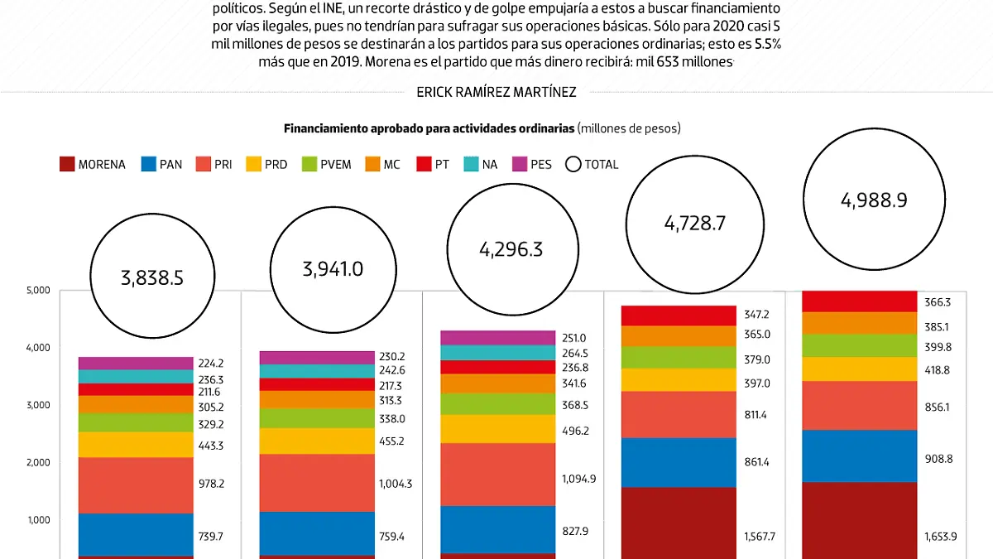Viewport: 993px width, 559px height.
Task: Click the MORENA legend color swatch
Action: point(68,164)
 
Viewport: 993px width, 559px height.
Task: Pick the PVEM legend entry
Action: point(329,164)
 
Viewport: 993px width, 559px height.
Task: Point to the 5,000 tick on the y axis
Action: point(39,291)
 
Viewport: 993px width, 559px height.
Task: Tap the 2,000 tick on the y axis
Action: point(39,463)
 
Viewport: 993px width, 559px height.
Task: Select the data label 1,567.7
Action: point(760,537)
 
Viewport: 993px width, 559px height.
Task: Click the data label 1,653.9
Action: point(941,537)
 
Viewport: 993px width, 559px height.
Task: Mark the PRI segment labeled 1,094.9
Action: point(497,475)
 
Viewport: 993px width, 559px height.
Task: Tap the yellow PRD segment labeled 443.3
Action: point(136,445)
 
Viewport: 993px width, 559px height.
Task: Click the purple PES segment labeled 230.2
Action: point(317,358)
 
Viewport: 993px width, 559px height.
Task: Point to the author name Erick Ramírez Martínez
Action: point(496,93)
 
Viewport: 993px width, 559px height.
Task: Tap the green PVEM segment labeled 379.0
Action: point(679,358)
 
